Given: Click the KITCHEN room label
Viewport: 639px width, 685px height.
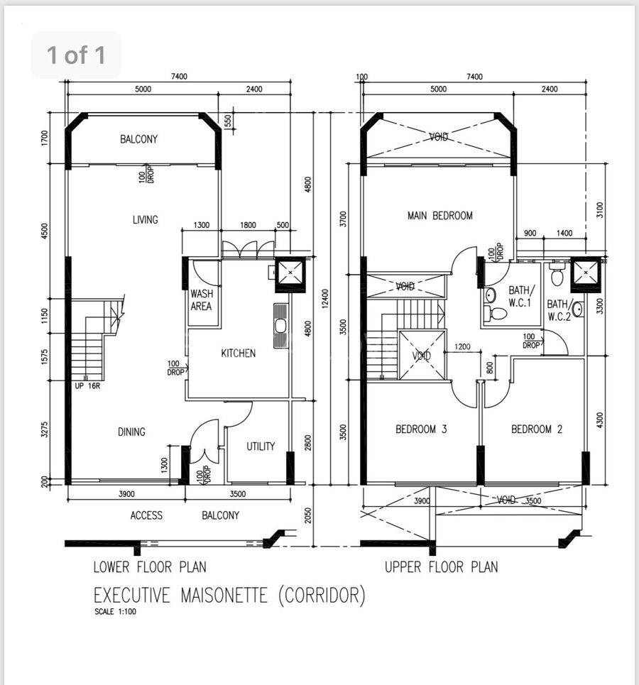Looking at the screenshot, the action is pyautogui.click(x=238, y=353).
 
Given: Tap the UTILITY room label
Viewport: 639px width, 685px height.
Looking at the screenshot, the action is pyautogui.click(x=261, y=446).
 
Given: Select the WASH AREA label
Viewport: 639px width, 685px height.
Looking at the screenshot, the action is pyautogui.click(x=202, y=300).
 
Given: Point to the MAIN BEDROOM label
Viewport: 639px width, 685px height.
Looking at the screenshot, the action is pyautogui.click(x=439, y=215).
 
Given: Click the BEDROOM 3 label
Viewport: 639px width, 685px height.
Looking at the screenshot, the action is pyautogui.click(x=421, y=429).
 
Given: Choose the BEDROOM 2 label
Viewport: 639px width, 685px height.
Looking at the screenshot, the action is pyautogui.click(x=537, y=429).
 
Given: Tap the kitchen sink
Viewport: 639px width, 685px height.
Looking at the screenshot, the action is pyautogui.click(x=280, y=326).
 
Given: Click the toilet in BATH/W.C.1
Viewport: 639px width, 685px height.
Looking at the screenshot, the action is pyautogui.click(x=496, y=313).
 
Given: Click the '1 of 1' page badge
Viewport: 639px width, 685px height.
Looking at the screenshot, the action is pyautogui.click(x=76, y=55).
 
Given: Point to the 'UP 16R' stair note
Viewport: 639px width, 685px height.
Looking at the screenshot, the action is pyautogui.click(x=87, y=386).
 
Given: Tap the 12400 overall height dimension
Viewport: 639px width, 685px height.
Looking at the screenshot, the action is pyautogui.click(x=324, y=298).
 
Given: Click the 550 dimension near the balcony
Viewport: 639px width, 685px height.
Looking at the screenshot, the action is pyautogui.click(x=228, y=121).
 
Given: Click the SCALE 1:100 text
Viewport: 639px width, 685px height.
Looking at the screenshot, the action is pyautogui.click(x=116, y=612).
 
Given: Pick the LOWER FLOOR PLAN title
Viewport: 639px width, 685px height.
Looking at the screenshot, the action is pyautogui.click(x=150, y=567).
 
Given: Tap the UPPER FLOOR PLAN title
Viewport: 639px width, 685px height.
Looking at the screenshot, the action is pyautogui.click(x=442, y=567).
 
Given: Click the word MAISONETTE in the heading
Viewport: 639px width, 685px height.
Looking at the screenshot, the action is pyautogui.click(x=224, y=595).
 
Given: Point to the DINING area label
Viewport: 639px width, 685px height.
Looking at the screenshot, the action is pyautogui.click(x=131, y=432).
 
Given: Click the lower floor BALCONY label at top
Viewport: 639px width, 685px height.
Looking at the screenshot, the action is pyautogui.click(x=138, y=139).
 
